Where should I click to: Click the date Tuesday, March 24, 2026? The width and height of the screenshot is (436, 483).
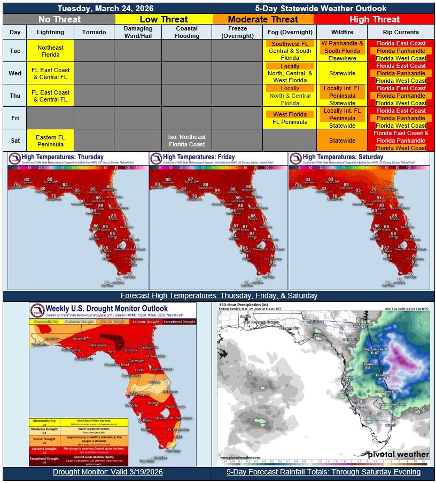104,9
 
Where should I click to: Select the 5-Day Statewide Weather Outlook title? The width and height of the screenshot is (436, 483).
321,9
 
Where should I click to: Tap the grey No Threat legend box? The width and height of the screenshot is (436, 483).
59,19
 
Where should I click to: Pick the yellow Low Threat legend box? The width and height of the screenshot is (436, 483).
163,19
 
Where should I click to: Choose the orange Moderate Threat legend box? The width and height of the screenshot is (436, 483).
263,19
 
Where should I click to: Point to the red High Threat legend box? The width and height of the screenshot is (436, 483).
374,19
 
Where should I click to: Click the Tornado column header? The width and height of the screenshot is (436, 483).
94,32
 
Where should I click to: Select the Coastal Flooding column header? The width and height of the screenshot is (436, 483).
186,32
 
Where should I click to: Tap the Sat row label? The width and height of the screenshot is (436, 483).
15,141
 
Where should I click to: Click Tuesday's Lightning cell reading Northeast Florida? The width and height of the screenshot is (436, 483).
50,51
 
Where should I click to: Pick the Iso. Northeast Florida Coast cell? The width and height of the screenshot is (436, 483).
186,141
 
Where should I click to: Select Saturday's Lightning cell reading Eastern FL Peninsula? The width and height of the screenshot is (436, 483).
50,141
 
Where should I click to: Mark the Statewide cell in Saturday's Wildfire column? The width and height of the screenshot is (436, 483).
342,141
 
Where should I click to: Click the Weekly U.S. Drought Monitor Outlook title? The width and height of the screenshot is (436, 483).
106,308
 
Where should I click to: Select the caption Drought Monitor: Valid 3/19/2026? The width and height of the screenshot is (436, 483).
107,472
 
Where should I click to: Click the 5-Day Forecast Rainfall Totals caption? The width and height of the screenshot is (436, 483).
323,472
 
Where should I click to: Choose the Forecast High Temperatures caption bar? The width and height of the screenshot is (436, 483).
219,295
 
